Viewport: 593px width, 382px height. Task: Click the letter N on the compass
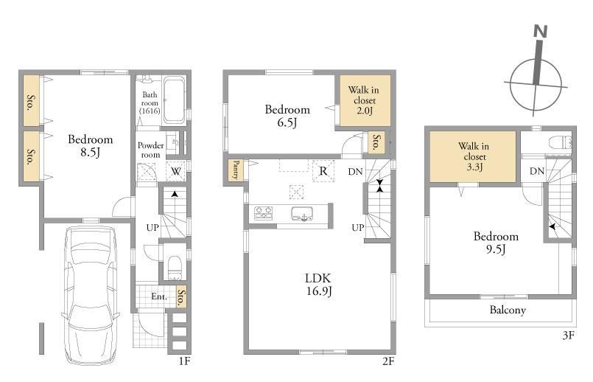pos(541,31)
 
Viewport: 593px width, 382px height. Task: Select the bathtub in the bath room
pos(174,100)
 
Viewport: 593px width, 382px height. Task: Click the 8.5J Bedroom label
pos(91,146)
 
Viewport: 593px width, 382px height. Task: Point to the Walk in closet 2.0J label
pos(364,100)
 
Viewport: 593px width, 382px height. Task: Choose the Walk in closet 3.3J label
pos(474,156)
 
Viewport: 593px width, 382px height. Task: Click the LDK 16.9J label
pos(318,285)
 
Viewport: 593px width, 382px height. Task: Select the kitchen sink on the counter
pos(302,214)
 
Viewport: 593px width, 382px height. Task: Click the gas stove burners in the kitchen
pos(263,213)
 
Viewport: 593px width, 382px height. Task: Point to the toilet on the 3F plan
pos(561,142)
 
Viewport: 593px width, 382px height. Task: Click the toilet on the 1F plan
pos(175,268)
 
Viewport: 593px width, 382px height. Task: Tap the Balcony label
pos(508,310)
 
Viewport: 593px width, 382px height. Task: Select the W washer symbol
pos(176,172)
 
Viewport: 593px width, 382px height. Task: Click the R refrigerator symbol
pos(323,171)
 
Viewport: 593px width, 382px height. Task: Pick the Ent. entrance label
pos(159,296)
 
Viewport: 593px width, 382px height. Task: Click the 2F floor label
pos(388,361)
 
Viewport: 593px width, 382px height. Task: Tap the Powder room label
pos(150,150)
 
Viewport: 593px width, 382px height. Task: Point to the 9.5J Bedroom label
pos(496,243)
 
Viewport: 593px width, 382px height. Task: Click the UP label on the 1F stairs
pos(152,228)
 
